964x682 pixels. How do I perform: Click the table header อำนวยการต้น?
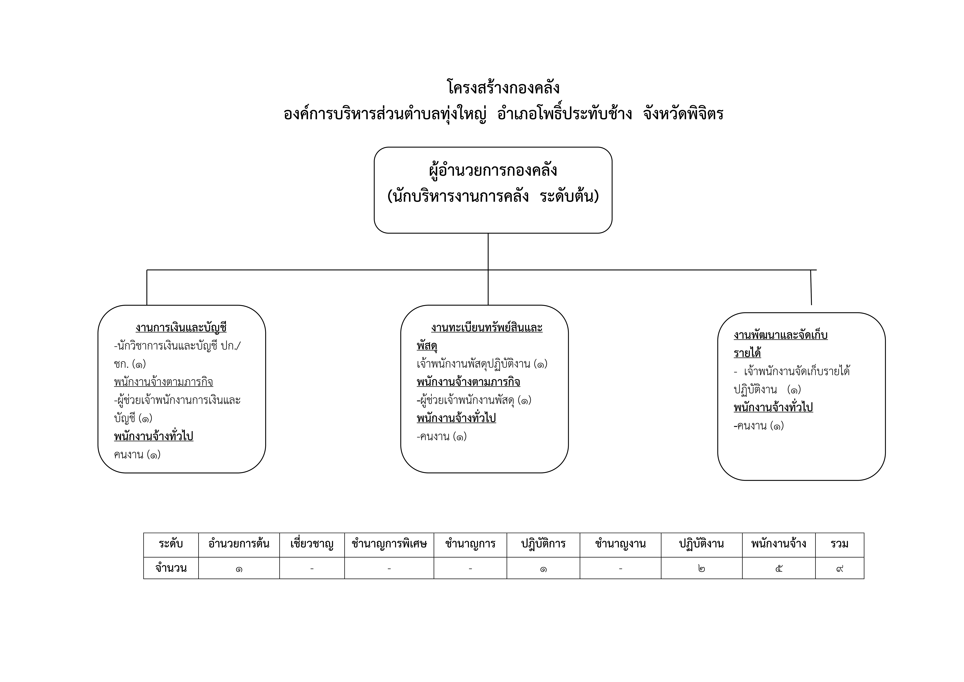239,544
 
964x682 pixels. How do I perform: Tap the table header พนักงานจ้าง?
779,544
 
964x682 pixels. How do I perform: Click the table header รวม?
840,544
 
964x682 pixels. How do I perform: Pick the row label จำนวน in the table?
171,568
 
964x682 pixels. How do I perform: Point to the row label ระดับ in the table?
171,544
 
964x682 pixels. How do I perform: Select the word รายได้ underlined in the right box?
747,353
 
